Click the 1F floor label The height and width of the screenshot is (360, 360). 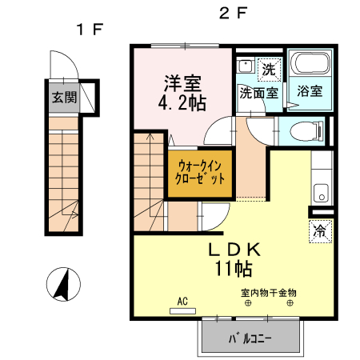(x=90, y=30)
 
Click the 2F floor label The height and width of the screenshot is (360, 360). (x=233, y=13)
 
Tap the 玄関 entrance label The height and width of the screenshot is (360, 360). (x=64, y=98)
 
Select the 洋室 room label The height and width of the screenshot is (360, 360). (x=182, y=83)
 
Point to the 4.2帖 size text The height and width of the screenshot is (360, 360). (x=182, y=103)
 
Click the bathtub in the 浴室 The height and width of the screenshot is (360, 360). (x=310, y=63)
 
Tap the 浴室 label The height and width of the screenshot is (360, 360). (x=310, y=91)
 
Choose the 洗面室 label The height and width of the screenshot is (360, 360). (x=258, y=93)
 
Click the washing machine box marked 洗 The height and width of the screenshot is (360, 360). (x=270, y=70)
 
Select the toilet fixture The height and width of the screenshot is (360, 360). (x=306, y=131)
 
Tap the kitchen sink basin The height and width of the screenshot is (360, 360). (x=322, y=194)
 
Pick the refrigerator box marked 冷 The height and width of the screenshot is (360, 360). (x=320, y=231)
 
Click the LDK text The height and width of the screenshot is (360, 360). (x=234, y=250)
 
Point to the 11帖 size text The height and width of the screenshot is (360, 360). (x=234, y=268)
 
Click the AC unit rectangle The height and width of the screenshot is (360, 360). (x=182, y=311)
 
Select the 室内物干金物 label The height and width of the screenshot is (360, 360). (x=269, y=293)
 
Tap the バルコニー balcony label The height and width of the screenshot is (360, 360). (x=250, y=338)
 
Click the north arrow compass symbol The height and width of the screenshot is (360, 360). (x=63, y=284)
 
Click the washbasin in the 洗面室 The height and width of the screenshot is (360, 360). (x=246, y=66)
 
